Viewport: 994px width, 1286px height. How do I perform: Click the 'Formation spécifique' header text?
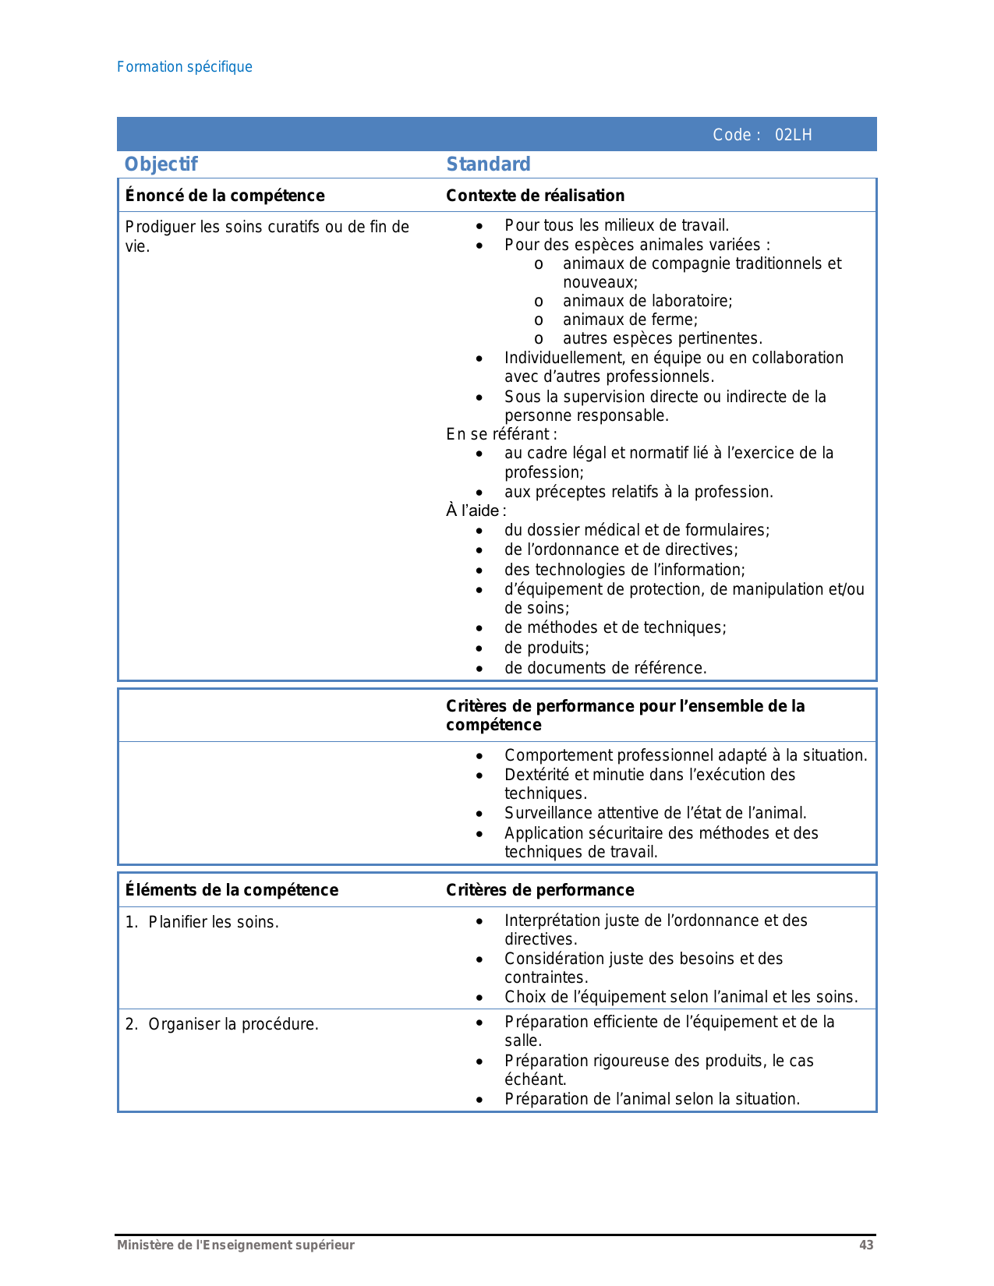pyautogui.click(x=184, y=67)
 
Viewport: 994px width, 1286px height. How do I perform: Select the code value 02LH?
pyautogui.click(x=793, y=135)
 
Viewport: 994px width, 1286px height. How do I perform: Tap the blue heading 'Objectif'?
pyautogui.click(x=161, y=164)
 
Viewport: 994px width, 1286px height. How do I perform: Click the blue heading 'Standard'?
pyautogui.click(x=488, y=164)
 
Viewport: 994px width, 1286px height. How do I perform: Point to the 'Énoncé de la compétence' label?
pyautogui.click(x=225, y=196)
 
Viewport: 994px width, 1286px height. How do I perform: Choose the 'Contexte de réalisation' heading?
pyautogui.click(x=535, y=196)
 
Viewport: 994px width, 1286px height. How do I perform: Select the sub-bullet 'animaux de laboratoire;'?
pyautogui.click(x=647, y=302)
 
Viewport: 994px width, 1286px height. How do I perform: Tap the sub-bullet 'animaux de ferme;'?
pyautogui.click(x=630, y=320)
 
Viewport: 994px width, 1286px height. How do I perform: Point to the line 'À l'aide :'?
pyautogui.click(x=476, y=511)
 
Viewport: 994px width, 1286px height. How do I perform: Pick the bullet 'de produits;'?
pyautogui.click(x=547, y=648)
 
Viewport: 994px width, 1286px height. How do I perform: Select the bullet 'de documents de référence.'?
pyautogui.click(x=605, y=668)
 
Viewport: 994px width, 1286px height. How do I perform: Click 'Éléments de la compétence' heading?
pyautogui.click(x=232, y=890)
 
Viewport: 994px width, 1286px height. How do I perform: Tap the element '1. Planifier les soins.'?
pyautogui.click(x=202, y=922)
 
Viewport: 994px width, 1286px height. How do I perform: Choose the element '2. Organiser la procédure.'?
pyautogui.click(x=222, y=1024)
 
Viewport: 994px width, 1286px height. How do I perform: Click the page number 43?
pyautogui.click(x=866, y=1245)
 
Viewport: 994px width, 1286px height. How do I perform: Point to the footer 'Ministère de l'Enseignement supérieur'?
pyautogui.click(x=235, y=1245)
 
